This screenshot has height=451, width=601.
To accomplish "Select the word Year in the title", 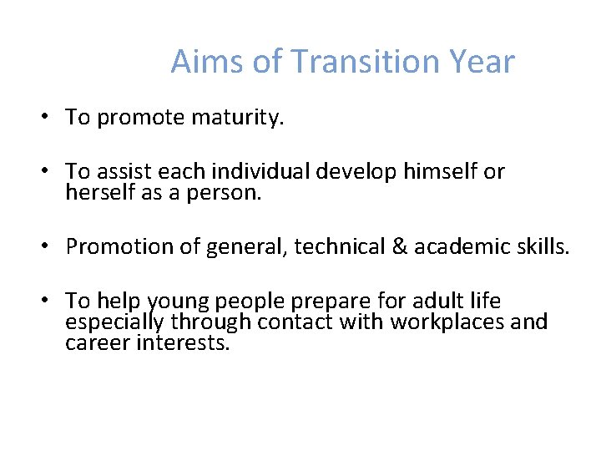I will [x=482, y=62].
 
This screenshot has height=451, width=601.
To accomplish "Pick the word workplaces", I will [x=456, y=322].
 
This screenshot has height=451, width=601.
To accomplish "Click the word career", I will [x=97, y=342].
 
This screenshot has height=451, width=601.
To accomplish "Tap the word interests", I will [x=182, y=342].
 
